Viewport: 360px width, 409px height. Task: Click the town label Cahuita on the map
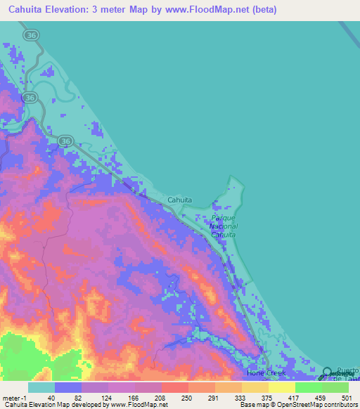pos(180,200)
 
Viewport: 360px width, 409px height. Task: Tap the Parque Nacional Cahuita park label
pos(224,226)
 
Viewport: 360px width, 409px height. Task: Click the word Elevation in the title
pos(77,10)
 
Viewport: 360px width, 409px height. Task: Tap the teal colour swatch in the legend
pos(41,387)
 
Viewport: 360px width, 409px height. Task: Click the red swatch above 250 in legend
pos(175,387)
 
